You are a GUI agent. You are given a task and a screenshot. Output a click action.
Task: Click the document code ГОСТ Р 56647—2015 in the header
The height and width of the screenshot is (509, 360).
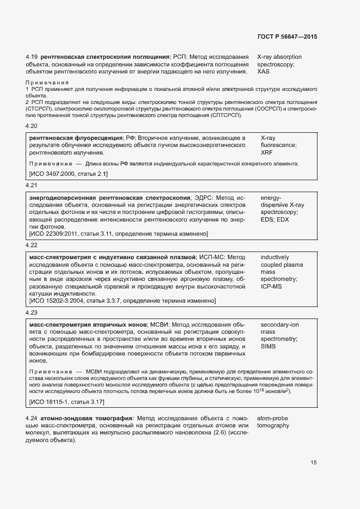click(287, 36)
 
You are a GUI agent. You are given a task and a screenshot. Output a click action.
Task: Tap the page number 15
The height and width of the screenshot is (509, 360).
click(314, 463)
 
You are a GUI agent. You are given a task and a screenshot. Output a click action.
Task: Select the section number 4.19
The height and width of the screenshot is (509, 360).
click(31, 57)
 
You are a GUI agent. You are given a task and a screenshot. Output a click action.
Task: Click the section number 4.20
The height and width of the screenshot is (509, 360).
click(31, 126)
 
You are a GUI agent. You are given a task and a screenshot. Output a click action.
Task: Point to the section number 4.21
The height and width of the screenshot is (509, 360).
click(31, 185)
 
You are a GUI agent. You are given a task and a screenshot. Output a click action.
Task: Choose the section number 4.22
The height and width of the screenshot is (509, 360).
click(31, 245)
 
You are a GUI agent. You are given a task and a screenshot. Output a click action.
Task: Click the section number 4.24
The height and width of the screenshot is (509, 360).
click(31, 418)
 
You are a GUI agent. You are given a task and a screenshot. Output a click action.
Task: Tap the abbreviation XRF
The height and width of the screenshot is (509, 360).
click(267, 153)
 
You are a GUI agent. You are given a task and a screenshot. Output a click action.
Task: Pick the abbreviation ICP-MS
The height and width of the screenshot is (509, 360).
click(271, 286)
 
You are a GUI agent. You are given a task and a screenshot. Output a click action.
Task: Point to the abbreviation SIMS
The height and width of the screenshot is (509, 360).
click(269, 346)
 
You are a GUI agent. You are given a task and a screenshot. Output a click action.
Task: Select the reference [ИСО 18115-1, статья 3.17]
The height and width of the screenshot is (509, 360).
click(66, 402)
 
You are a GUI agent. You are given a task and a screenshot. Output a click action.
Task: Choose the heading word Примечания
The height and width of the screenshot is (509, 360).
click(47, 82)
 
